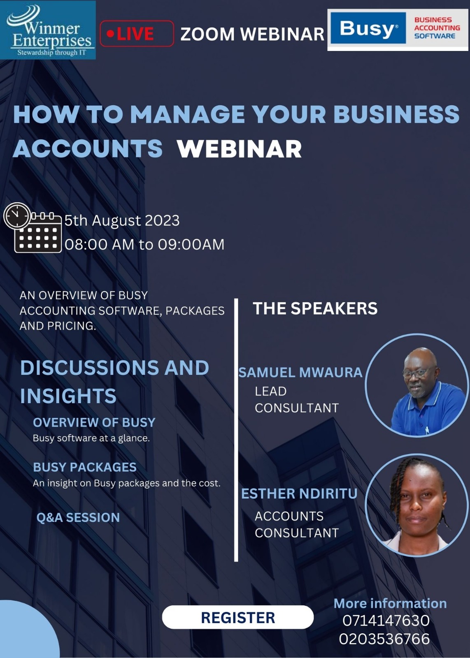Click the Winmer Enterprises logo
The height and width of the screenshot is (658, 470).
click(48, 30)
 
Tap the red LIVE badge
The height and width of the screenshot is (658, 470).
click(137, 33)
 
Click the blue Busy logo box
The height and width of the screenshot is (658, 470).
click(368, 28)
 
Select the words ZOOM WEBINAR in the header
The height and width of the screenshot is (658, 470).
click(252, 34)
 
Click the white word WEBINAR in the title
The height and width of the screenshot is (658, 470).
click(240, 149)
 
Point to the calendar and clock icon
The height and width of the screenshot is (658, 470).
click(33, 228)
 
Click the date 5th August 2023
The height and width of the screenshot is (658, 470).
click(122, 220)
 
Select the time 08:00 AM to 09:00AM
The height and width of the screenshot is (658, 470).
click(144, 244)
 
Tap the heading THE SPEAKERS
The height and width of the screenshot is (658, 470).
click(315, 308)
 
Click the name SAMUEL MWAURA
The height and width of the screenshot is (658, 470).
click(300, 373)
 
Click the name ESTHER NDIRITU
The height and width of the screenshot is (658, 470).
click(299, 493)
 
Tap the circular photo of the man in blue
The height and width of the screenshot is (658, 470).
click(417, 385)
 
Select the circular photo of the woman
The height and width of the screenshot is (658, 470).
click(417, 505)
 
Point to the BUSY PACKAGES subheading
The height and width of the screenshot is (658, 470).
click(85, 467)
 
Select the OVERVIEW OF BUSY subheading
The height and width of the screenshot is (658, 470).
click(94, 422)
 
